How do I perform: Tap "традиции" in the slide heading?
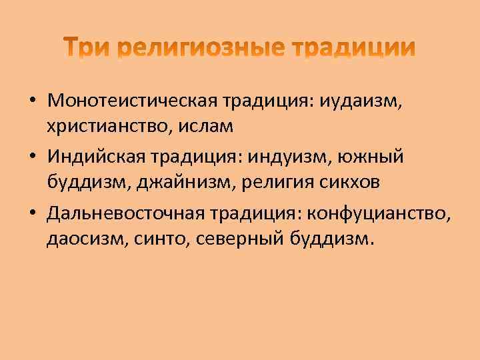click(353, 47)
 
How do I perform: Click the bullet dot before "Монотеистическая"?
click(33, 101)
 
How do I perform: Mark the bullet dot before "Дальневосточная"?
click(33, 213)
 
